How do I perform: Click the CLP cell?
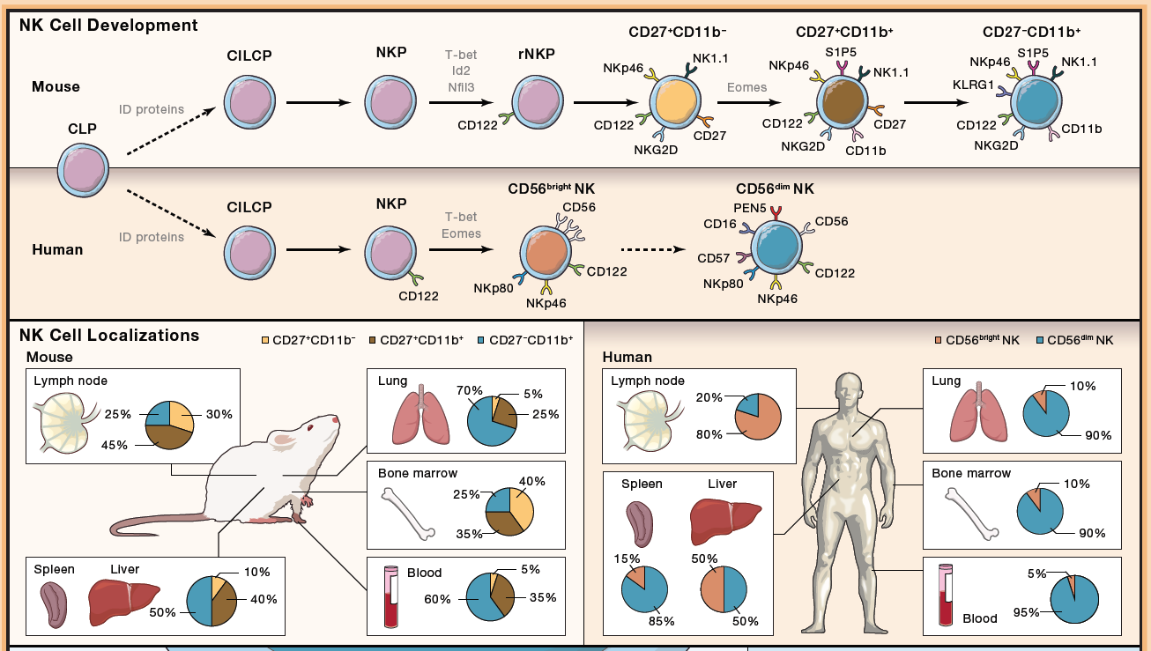pos(83,170)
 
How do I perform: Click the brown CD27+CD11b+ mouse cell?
pos(843,102)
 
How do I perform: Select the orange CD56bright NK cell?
pos(546,253)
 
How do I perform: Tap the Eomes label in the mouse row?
pos(746,87)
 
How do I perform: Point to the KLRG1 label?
pos(973,85)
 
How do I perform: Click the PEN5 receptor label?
pos(750,208)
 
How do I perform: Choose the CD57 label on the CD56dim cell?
pos(713,258)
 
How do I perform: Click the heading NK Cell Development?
pos(108,26)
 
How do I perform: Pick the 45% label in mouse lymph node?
pos(114,445)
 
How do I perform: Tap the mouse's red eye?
pos(310,427)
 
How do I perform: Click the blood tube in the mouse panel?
pos(391,596)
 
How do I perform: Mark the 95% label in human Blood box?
pos(1026,612)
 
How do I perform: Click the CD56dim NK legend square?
pos(1040,340)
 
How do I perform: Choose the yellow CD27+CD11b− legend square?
pos(265,340)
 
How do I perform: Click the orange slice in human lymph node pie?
pos(760,419)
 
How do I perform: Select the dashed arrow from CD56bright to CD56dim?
pos(653,250)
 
